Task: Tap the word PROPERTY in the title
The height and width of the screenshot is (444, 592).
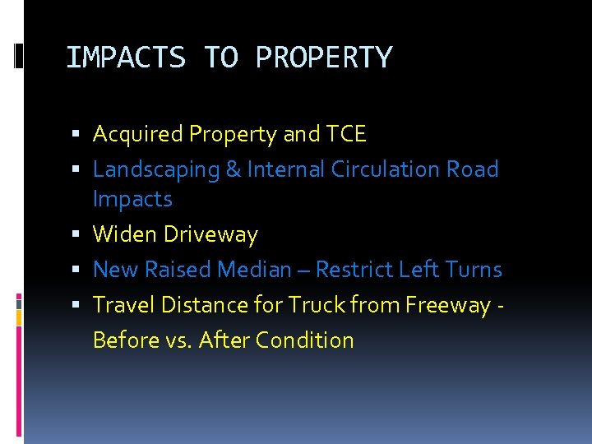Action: (x=324, y=58)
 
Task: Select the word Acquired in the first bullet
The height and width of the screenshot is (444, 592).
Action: (x=138, y=134)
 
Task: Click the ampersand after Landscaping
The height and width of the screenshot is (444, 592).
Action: (x=233, y=170)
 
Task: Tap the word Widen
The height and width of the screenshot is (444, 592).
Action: (x=125, y=234)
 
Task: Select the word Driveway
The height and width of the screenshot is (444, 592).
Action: (x=210, y=235)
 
